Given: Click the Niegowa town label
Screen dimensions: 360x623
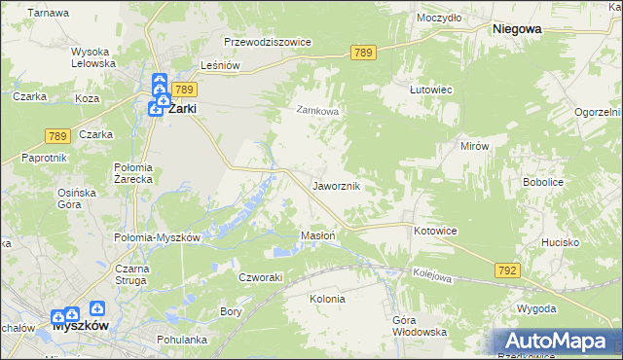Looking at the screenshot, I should [x=517, y=29].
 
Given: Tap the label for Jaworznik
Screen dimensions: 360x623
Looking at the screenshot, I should [x=338, y=185].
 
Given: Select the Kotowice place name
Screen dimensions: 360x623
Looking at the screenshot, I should [x=435, y=231].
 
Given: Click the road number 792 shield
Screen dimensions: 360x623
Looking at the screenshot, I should [x=506, y=270].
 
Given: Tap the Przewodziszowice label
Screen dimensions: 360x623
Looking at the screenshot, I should [x=267, y=43].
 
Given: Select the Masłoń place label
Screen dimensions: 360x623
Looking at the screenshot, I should [x=318, y=235].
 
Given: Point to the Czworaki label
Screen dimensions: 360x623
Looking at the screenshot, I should [x=260, y=276].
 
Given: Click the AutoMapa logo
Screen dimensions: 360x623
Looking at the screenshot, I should [x=556, y=342].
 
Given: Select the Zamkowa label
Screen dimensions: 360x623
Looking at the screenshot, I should [x=317, y=111].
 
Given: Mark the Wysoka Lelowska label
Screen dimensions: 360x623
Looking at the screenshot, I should [x=93, y=57].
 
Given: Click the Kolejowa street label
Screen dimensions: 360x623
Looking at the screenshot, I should [x=432, y=276].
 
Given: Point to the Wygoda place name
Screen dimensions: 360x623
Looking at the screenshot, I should [x=536, y=308].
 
